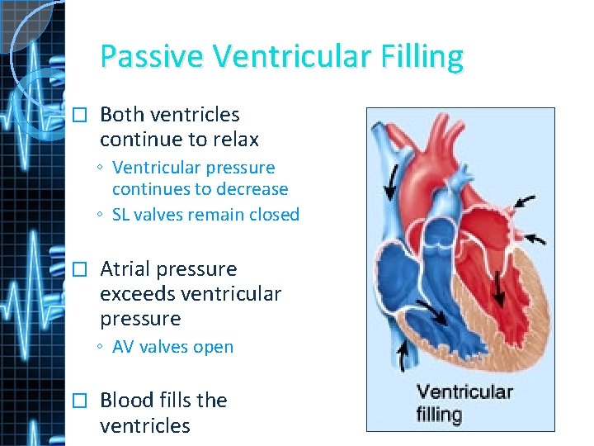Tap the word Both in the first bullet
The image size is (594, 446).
[122, 115]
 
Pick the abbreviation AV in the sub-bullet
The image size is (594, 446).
[124, 347]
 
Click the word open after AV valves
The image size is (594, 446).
[214, 348]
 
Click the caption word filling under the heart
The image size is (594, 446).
[438, 413]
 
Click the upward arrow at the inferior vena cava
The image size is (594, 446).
[403, 356]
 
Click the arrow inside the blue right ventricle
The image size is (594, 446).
[431, 312]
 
